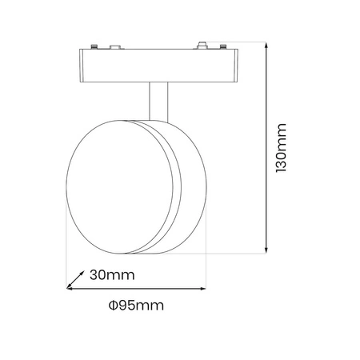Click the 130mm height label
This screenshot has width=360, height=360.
click(281, 147)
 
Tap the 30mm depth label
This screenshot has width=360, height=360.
click(112, 274)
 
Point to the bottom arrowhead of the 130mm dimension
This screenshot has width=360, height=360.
click(266, 250)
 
